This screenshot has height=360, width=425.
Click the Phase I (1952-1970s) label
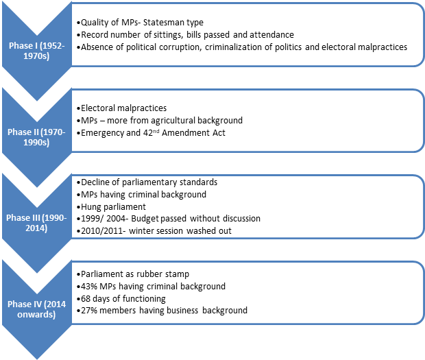point(36,51)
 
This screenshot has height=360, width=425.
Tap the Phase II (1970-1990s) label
point(36,137)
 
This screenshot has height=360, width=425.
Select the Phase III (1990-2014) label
point(36,223)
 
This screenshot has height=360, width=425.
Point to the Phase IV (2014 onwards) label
point(36,309)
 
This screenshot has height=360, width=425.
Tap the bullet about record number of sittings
point(185,35)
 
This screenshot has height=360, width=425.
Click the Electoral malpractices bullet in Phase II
point(122,108)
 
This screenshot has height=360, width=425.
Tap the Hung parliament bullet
point(111,207)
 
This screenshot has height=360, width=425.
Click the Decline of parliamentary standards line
point(147,182)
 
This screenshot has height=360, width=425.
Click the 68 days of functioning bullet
point(121,299)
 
